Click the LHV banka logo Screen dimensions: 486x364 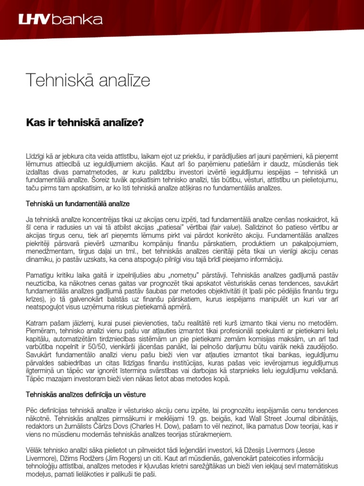60,20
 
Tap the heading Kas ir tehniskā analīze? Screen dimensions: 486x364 84,122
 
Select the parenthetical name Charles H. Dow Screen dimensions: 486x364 155,427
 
